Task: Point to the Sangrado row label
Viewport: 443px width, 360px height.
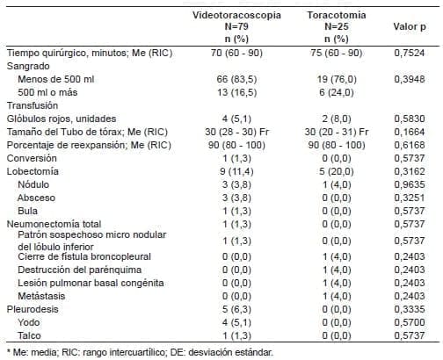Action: pyautogui.click(x=28, y=67)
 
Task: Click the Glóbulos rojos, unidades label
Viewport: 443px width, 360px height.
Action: pyautogui.click(x=62, y=119)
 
